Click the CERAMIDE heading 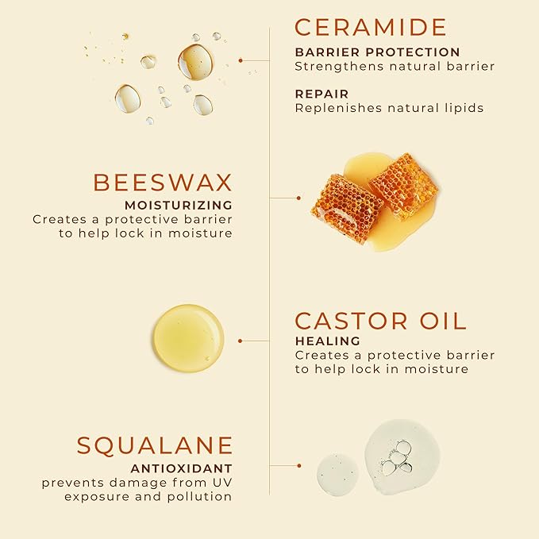pyautogui.click(x=371, y=26)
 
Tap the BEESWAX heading pyautogui.click(x=163, y=182)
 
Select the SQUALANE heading pyautogui.click(x=155, y=445)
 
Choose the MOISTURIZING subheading pyautogui.click(x=178, y=205)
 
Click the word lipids pyautogui.click(x=462, y=108)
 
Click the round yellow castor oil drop pyautogui.click(x=188, y=338)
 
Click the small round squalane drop pyautogui.click(x=337, y=474)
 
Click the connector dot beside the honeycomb pyautogui.click(x=298, y=198)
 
